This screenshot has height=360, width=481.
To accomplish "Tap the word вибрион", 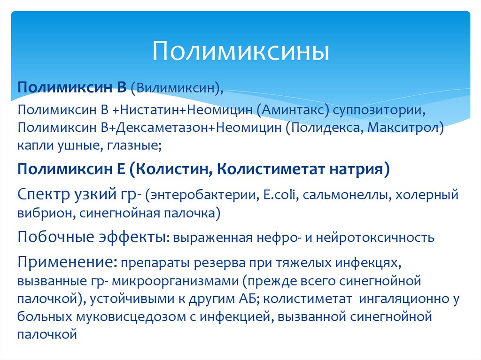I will [x=42, y=213].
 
